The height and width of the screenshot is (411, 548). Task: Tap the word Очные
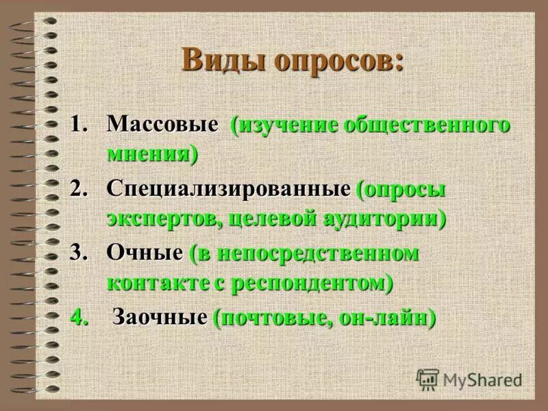[x=145, y=253]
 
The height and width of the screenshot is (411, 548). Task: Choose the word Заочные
[x=160, y=317]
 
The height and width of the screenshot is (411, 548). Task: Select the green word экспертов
[x=164, y=219]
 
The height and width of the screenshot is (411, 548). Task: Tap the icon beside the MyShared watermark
[x=428, y=379]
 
